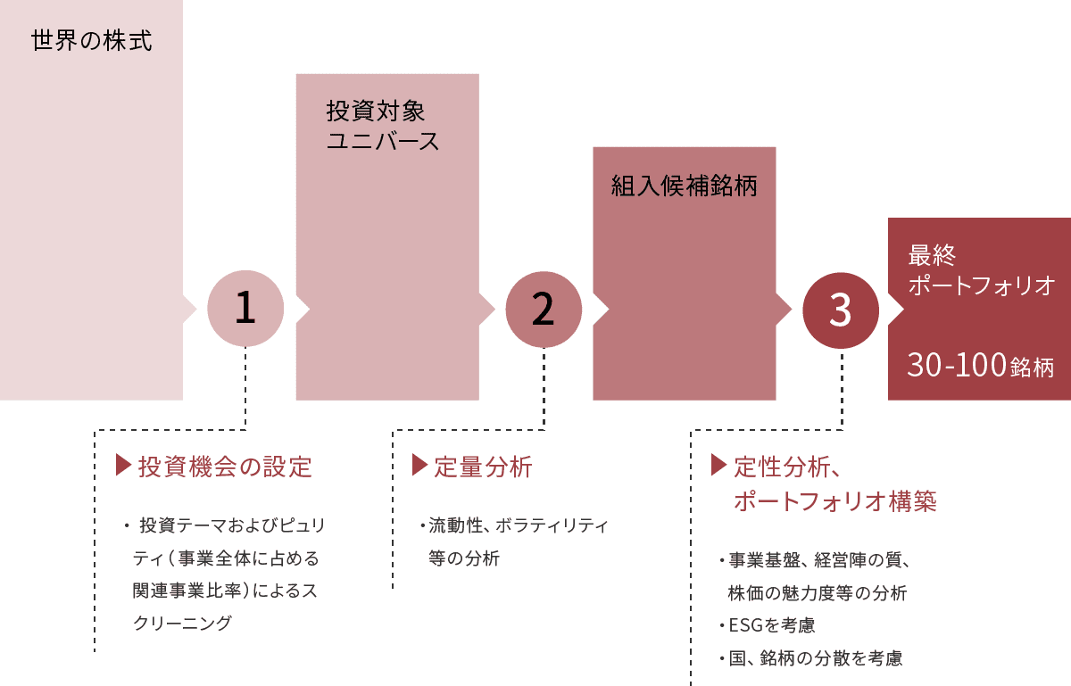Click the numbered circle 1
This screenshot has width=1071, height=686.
[245, 309]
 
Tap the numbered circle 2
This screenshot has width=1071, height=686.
[544, 309]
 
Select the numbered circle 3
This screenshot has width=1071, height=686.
[841, 310]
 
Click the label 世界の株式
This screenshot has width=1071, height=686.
[92, 41]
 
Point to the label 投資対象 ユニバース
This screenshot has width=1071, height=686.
[383, 126]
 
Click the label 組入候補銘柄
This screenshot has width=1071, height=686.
[684, 186]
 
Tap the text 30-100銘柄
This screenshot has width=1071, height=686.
[980, 366]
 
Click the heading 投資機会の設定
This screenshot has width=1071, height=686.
[225, 466]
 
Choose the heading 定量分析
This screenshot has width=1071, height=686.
[482, 466]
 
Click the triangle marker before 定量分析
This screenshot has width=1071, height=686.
[419, 465]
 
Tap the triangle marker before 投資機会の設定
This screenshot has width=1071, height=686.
[123, 465]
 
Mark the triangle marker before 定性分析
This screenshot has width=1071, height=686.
[718, 465]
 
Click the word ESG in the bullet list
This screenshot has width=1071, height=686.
[742, 625]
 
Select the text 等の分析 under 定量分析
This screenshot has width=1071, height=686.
[464, 559]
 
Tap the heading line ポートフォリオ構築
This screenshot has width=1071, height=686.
[834, 500]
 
